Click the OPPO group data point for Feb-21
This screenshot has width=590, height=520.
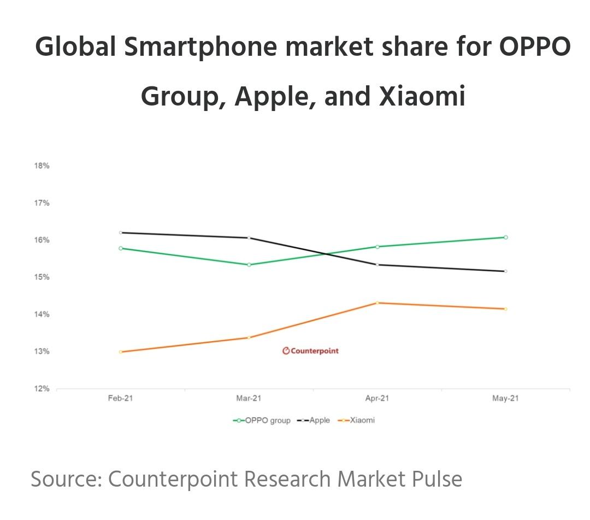point(121,248)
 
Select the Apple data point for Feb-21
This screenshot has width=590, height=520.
point(121,232)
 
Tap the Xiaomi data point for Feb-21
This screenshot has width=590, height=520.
point(121,352)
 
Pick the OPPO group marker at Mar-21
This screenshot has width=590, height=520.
point(249,265)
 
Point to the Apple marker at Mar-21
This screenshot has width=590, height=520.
point(249,238)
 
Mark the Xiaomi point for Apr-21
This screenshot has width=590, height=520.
point(377,303)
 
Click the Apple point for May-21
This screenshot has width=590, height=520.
point(506,271)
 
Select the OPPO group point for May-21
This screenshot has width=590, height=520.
point(506,237)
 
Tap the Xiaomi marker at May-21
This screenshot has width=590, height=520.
point(506,309)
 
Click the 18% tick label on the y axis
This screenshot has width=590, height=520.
point(42,166)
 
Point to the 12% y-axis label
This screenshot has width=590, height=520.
point(42,389)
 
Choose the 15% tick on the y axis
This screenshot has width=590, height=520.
point(42,277)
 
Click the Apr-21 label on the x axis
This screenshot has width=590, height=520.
point(377,399)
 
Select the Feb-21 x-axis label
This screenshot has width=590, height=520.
point(121,399)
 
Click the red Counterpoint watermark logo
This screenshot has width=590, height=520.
point(310,351)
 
